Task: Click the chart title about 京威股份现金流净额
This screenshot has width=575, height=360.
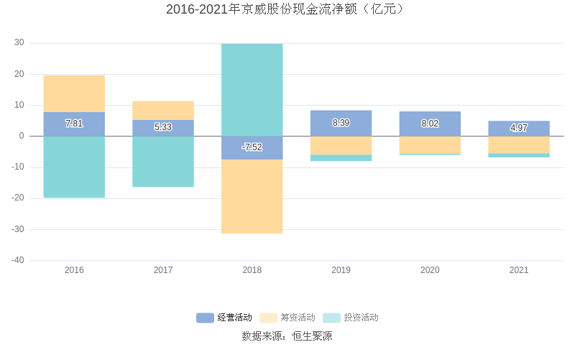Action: pyautogui.click(x=287, y=9)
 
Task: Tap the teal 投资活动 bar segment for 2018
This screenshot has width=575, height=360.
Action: pyautogui.click(x=252, y=90)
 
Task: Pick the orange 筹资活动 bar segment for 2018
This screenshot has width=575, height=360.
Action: pyautogui.click(x=252, y=196)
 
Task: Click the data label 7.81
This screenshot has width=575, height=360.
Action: pyautogui.click(x=74, y=124)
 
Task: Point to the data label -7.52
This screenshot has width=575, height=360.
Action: pyautogui.click(x=252, y=147)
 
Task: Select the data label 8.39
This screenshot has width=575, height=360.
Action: pyautogui.click(x=341, y=123)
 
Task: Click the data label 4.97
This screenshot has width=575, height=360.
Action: pyautogui.click(x=518, y=128)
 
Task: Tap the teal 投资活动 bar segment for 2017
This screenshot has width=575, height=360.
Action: pyautogui.click(x=163, y=162)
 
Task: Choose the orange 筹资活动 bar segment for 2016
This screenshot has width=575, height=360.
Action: pyautogui.click(x=74, y=93)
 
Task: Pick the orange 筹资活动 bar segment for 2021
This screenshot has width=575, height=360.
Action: pyautogui.click(x=518, y=144)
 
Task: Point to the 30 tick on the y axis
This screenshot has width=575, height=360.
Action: pyautogui.click(x=19, y=43)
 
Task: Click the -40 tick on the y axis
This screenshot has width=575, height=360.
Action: pyautogui.click(x=18, y=260)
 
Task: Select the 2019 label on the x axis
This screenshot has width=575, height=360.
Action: pyautogui.click(x=341, y=270)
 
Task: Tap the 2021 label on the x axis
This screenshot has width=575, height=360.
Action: pyautogui.click(x=518, y=270)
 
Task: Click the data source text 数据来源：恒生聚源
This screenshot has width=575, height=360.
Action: pyautogui.click(x=287, y=336)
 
